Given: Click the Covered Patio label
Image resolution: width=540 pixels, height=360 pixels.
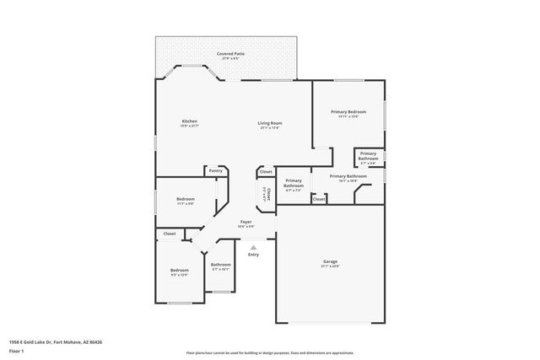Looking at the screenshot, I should click(230, 53).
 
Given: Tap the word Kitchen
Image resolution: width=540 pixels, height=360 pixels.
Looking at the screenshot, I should click(190, 121).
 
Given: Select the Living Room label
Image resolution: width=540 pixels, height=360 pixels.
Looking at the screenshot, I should click(269, 123).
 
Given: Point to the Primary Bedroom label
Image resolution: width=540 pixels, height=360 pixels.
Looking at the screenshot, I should click(348, 111).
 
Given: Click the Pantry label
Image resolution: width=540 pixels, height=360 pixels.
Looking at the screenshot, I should click(215, 170).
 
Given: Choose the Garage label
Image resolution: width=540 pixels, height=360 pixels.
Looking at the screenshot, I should click(330, 261).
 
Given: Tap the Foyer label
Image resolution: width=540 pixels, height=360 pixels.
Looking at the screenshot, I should click(246, 222).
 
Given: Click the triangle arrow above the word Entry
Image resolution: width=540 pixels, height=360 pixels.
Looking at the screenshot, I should click(253, 247).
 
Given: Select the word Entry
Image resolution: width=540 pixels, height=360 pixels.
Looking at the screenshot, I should click(253, 255).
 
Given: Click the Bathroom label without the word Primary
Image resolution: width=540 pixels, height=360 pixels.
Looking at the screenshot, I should click(221, 265).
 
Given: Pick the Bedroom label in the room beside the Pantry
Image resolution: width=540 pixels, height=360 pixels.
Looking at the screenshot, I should click(185, 199).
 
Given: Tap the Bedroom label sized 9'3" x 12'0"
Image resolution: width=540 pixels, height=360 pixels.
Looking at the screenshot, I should click(179, 270).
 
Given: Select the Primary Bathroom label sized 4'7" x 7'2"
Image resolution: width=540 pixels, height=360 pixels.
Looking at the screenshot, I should click(294, 183).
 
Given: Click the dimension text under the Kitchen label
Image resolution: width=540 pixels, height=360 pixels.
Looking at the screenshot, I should click(190, 126).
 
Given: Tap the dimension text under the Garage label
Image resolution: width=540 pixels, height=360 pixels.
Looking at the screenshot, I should click(330, 266).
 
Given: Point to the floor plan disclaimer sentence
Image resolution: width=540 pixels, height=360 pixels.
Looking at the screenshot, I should click(269, 352).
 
